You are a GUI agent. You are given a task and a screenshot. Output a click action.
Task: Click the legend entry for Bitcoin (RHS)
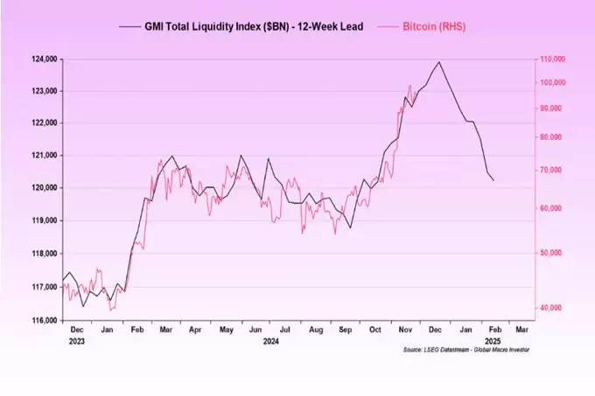[x=434, y=27]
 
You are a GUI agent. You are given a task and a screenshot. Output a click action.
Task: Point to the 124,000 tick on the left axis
[x=43, y=59]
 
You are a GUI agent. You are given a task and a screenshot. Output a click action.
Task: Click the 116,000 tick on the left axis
[x=43, y=321]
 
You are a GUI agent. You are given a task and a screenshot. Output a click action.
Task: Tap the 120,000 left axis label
[x=43, y=188]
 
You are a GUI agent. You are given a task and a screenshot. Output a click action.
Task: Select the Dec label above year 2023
[x=77, y=330]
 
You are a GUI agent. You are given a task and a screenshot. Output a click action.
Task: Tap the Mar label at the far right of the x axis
[x=521, y=330]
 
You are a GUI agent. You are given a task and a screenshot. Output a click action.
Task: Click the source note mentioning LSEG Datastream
[x=466, y=350]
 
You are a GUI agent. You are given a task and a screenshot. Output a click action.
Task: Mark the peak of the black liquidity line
[x=438, y=62]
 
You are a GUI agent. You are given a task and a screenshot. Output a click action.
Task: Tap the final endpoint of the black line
[x=493, y=180]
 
